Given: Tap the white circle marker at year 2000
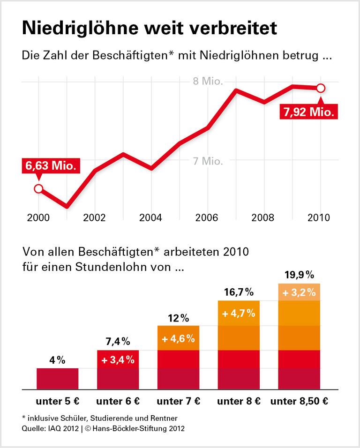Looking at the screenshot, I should pyautogui.click(x=38, y=189).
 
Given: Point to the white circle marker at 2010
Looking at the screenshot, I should pyautogui.click(x=321, y=88).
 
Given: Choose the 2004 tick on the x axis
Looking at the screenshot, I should pyautogui.click(x=151, y=218).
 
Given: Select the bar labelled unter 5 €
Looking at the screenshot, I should pyautogui.click(x=57, y=378).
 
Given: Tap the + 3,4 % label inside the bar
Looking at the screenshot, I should pyautogui.click(x=118, y=360).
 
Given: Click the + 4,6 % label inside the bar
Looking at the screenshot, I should pyautogui.click(x=178, y=338).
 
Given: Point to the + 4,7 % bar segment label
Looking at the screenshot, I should pyautogui.click(x=238, y=313).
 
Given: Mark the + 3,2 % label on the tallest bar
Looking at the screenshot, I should pyautogui.click(x=299, y=292).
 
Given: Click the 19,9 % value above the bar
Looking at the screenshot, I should pyautogui.click(x=299, y=275).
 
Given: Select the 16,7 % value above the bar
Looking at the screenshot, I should pyautogui.click(x=238, y=292).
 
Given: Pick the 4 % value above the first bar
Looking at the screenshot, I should pyautogui.click(x=57, y=360).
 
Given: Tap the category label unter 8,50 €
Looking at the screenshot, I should pyautogui.click(x=299, y=401).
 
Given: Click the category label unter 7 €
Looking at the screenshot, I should pyautogui.click(x=178, y=401).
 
